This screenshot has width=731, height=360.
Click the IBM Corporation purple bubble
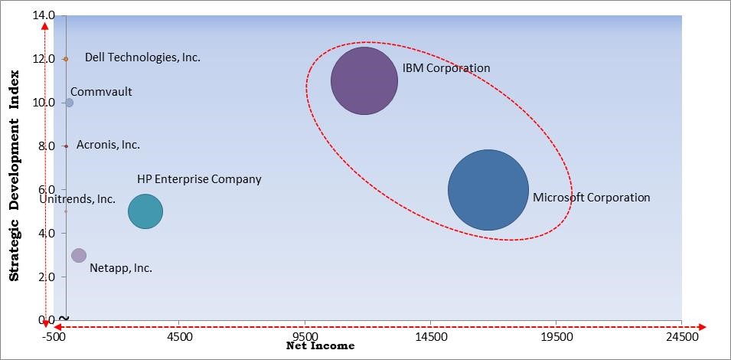point(364,80)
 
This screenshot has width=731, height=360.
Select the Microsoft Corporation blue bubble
point(488,190)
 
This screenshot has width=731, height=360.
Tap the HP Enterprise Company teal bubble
point(145,212)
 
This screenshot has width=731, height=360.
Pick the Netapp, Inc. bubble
point(79,255)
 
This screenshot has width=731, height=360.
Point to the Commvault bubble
point(69,103)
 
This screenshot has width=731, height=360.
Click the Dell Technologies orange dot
point(66,59)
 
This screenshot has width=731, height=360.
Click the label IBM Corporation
point(446,68)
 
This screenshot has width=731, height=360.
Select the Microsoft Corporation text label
point(591,198)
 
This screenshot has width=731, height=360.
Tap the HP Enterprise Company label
point(199,179)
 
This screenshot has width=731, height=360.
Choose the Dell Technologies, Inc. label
point(142,57)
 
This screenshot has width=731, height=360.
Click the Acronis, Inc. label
point(108,145)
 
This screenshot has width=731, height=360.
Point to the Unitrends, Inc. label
point(78,199)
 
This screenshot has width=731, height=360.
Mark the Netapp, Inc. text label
point(121,268)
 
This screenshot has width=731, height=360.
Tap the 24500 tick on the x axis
point(681,335)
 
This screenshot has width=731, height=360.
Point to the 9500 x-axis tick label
point(305,335)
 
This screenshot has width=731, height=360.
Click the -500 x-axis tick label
point(54,335)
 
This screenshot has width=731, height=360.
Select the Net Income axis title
point(320,346)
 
